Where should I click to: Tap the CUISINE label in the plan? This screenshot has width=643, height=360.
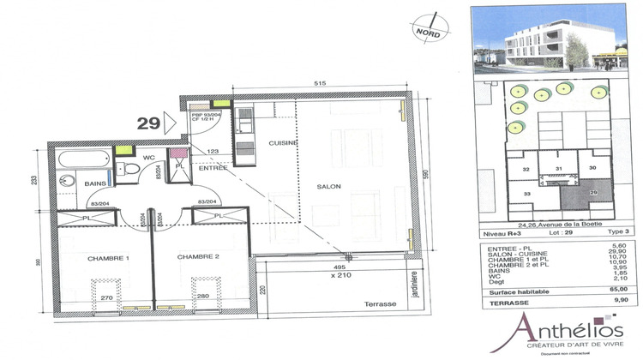click(282, 143)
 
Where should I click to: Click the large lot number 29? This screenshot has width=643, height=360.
click(150, 123)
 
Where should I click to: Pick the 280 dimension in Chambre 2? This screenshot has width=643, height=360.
click(203, 297)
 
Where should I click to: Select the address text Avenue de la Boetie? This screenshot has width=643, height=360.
click(561, 225)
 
